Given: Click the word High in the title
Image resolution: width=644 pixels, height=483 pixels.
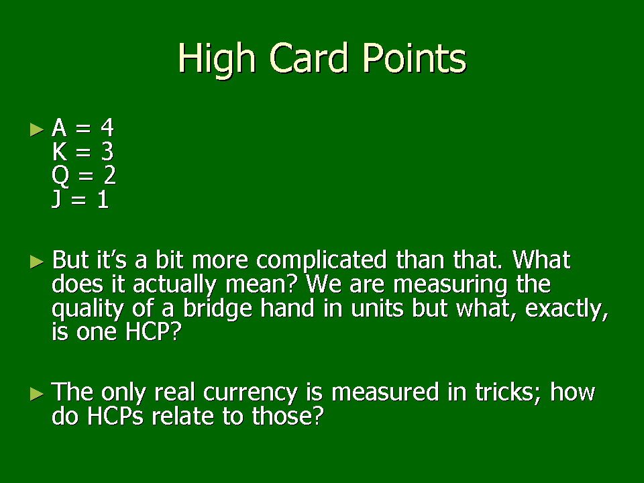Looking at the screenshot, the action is tap(217, 60).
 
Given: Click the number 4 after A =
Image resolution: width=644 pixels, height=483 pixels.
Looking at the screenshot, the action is tap(107, 127).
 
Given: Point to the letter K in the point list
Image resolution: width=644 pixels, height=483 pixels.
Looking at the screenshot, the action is tap(60, 151).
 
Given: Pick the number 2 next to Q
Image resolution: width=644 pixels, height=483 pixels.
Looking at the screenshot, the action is tap(109, 175).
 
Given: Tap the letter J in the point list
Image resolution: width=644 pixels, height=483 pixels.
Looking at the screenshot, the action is tap(56, 200).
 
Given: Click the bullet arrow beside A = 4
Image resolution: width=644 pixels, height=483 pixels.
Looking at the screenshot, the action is tap(37, 129).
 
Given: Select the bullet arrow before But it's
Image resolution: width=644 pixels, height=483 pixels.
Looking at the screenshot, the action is tap(37, 262).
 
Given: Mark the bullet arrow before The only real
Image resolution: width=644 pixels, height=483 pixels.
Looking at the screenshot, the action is tap(37, 394).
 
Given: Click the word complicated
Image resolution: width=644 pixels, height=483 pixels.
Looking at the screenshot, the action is tap(321, 261).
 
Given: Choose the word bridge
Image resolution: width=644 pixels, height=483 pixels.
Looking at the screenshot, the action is tap(217, 309).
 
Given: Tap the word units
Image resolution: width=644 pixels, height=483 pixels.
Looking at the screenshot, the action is tap(376, 309).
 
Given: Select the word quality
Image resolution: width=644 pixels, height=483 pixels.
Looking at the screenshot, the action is tap(87, 309).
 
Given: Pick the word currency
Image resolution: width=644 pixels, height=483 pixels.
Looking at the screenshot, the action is tap(250, 393).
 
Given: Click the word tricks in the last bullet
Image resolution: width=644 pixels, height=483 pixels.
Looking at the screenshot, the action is tap(508, 392).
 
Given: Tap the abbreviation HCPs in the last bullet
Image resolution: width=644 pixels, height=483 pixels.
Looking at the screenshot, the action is tap(115, 416).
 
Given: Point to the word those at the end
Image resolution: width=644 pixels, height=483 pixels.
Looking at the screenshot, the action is tap(288, 416).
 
